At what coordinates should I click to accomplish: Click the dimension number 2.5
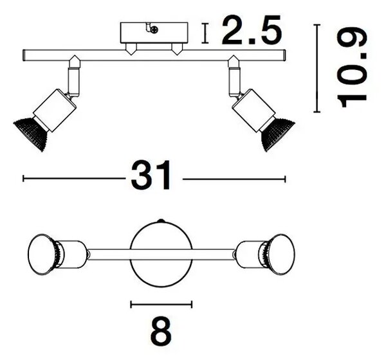tap(252, 30)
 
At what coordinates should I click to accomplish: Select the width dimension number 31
tap(151, 175)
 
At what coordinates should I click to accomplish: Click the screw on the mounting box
tap(154, 30)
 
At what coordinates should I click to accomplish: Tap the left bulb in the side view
tap(31, 133)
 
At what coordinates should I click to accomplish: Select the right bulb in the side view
tap(277, 134)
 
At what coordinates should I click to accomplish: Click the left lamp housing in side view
tap(55, 110)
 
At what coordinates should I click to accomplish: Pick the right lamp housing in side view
tap(253, 110)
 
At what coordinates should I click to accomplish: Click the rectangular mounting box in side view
tap(154, 33)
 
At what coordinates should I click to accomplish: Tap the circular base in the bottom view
tap(161, 254)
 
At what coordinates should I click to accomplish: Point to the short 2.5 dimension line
tap(205, 33)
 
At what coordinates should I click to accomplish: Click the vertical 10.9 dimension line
tap(317, 68)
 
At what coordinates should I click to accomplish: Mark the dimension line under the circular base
tap(161, 305)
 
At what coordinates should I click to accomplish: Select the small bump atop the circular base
tap(161, 221)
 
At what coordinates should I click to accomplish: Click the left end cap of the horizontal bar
tap(24, 55)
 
